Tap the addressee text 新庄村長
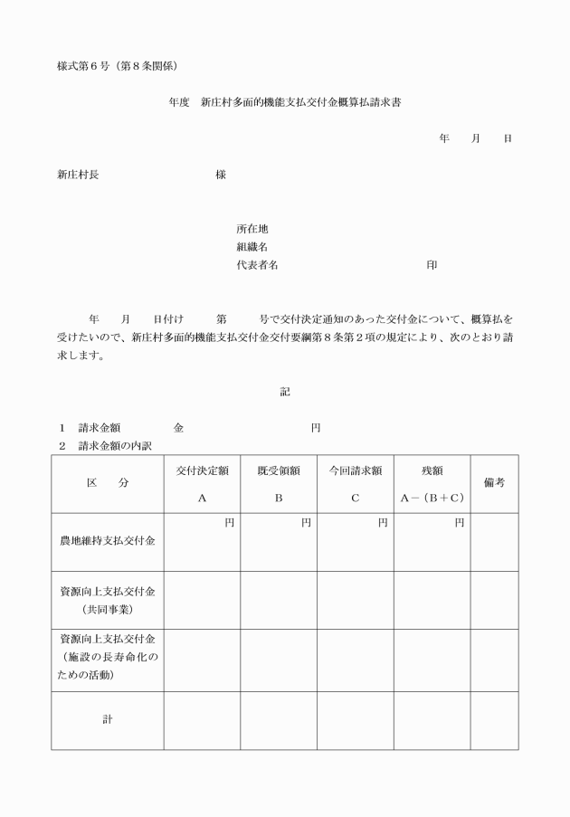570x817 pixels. coord(78,175)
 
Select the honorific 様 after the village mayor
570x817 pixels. coord(221,175)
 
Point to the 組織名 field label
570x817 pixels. coord(252,247)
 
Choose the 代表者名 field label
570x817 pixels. coord(257,265)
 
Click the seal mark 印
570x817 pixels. coord(432,265)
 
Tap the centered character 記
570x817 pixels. coord(285,391)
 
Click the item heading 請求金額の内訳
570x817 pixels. coord(114,445)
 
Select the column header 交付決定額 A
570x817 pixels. coord(202,483)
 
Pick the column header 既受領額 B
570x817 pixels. coord(279,483)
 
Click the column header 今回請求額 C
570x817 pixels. coord(355,483)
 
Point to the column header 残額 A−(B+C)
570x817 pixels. coord(432,483)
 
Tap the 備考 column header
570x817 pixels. coord(494,483)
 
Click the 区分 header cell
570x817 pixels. coord(108,483)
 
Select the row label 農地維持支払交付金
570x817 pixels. coord(108,541)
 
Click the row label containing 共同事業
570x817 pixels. coord(108,600)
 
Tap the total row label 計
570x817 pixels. coord(108,720)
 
